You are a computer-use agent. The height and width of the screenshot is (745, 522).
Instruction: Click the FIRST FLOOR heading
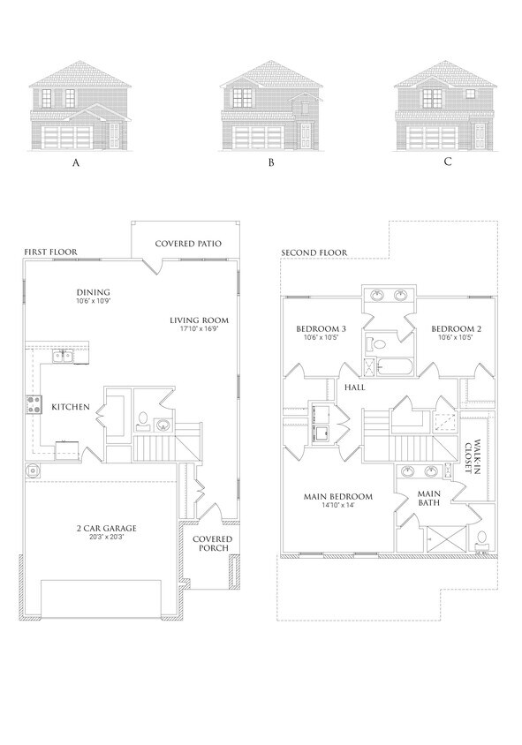point(49,252)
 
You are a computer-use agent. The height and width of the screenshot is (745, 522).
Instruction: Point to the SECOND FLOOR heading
point(314,252)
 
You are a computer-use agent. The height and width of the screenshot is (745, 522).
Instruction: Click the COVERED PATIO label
point(187,243)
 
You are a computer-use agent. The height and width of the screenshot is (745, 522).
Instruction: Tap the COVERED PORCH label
point(213,544)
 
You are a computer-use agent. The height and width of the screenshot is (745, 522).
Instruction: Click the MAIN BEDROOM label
point(338,496)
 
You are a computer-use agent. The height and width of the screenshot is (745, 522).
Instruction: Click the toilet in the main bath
point(481,538)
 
